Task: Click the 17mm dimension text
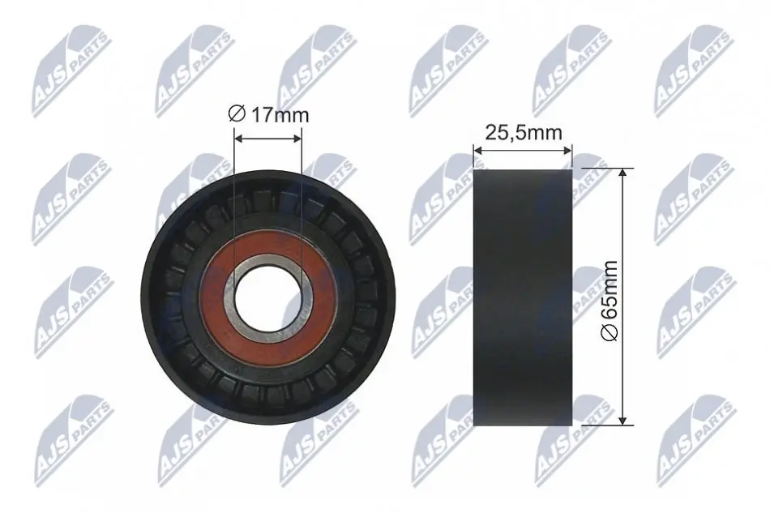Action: click(x=280, y=115)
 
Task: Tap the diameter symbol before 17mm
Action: click(x=237, y=114)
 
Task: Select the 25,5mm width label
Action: click(x=523, y=133)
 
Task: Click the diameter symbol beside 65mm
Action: click(x=610, y=332)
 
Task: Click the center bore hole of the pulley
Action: click(x=268, y=298)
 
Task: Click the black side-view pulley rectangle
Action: click(x=523, y=297)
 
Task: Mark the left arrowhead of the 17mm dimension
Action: click(x=238, y=139)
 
